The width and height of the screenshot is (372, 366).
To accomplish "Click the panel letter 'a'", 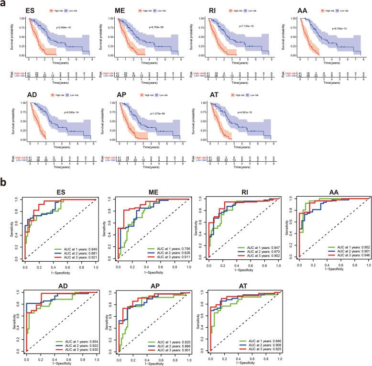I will click(4, 4).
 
